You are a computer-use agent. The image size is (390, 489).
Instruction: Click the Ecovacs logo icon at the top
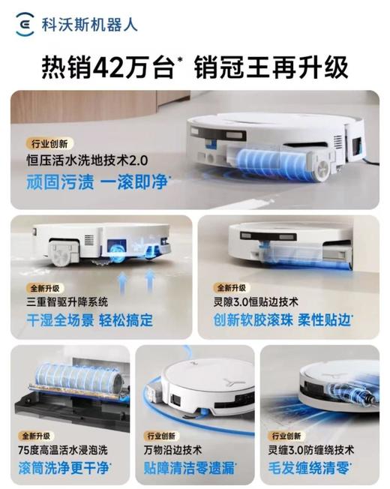pyautogui.click(x=25, y=25)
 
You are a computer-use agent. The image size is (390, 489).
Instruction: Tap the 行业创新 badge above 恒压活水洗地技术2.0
pyautogui.click(x=49, y=142)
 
